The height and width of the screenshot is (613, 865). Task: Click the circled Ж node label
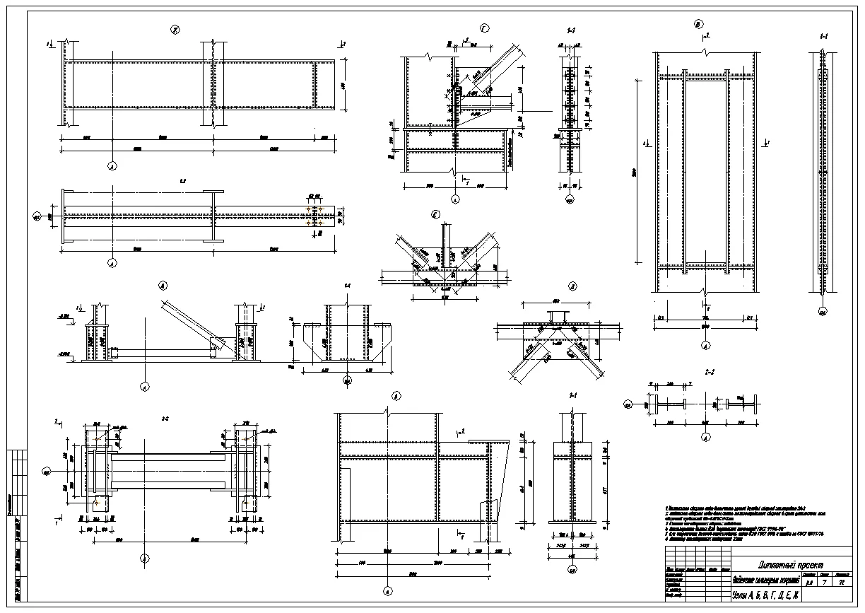[175, 30]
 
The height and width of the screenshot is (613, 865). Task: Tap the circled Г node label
[484, 29]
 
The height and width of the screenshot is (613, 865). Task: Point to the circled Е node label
[436, 215]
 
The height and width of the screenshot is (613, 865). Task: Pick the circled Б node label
[396, 397]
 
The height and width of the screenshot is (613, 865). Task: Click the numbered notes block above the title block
[746, 523]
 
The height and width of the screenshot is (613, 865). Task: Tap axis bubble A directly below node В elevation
[705, 346]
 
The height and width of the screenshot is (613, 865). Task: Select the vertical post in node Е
[444, 244]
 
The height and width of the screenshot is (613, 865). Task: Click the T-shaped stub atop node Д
[554, 315]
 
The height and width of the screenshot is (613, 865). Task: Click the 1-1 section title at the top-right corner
[823, 35]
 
